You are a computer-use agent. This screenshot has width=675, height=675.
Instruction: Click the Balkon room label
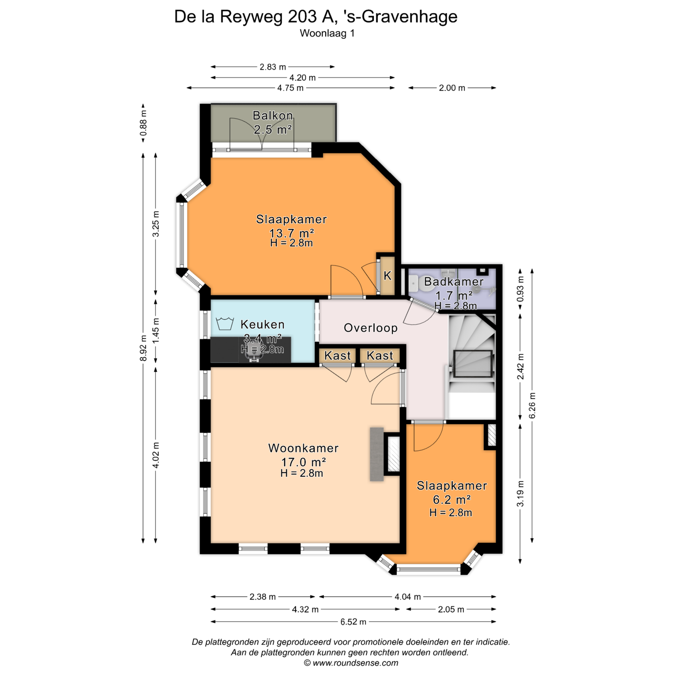273,115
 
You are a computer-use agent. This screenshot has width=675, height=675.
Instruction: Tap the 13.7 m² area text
291,233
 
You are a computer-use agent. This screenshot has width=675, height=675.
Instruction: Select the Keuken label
262,324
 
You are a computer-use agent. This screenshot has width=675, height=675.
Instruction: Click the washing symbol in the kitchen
225,323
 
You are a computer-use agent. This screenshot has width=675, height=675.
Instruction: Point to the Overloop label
371,328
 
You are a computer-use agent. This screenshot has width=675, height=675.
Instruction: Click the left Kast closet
337,355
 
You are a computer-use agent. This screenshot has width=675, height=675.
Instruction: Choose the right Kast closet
380,355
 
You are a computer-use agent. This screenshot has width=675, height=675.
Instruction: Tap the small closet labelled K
387,276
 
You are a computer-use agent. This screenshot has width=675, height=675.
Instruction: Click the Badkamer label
454,282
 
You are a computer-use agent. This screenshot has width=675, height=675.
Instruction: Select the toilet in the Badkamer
413,283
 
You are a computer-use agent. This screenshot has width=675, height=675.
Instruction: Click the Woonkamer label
303,448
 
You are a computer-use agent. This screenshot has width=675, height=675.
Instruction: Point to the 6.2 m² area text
452,500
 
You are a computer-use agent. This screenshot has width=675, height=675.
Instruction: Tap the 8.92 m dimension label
143,348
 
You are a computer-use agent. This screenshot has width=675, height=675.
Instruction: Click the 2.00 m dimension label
452,88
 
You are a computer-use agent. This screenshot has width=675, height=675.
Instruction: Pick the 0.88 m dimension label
143,123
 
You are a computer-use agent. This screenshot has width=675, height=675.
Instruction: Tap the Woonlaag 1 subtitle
327,33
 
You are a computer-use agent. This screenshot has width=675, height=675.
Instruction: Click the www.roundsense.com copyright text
351,663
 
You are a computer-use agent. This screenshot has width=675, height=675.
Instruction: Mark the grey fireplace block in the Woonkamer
377,454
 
